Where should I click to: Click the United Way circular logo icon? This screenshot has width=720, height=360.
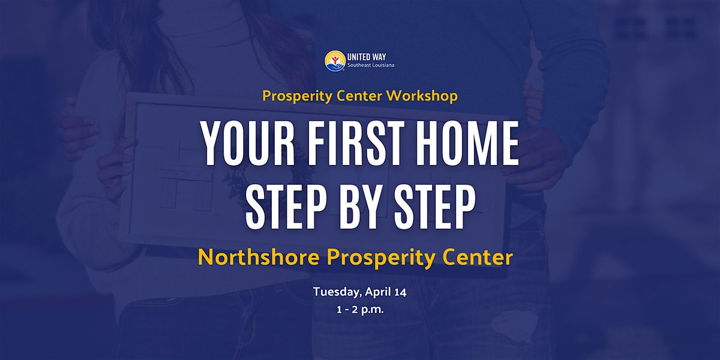[x=335, y=61]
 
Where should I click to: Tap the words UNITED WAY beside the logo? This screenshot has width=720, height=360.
[x=367, y=57]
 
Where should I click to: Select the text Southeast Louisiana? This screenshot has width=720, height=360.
[x=371, y=65]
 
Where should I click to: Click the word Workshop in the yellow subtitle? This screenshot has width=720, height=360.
[x=422, y=96]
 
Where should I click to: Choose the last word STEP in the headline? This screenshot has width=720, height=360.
[x=434, y=208]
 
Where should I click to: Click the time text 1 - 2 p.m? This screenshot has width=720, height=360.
[x=360, y=310]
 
